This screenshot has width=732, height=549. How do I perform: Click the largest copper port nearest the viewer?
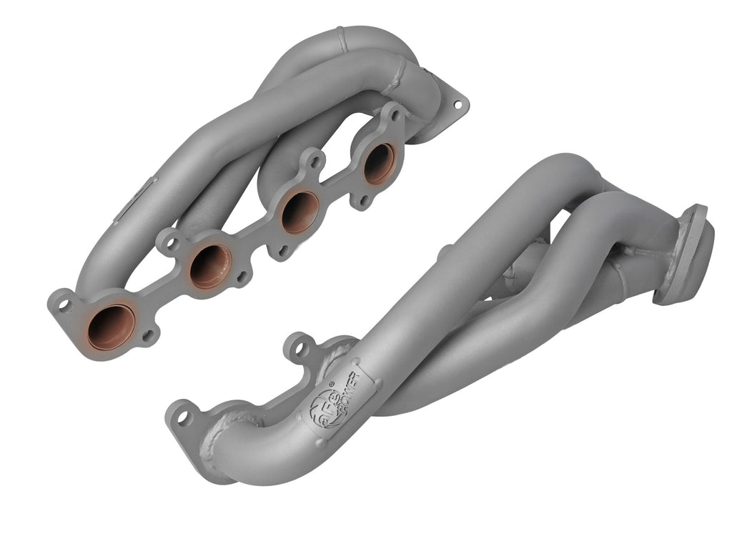(x=110, y=327)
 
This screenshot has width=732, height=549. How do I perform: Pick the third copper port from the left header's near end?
(x=299, y=211)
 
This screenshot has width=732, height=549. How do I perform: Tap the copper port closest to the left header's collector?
(x=378, y=163)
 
